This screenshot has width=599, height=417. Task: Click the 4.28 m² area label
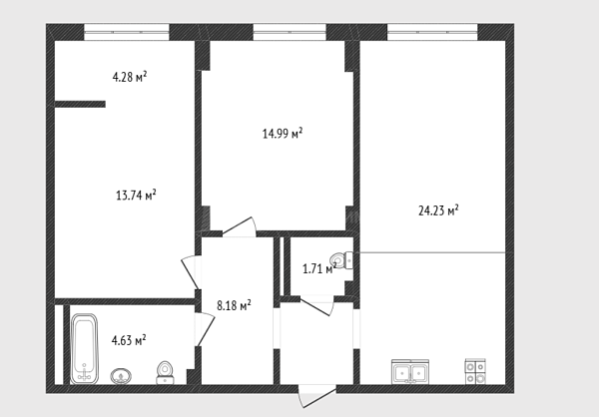(130, 77)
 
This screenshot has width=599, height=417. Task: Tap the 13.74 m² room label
(136, 195)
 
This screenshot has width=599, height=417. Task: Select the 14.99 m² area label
(283, 133)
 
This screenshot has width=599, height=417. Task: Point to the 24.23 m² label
(438, 210)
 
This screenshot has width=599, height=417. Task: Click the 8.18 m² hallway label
(234, 304)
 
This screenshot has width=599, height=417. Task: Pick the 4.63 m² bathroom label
(129, 339)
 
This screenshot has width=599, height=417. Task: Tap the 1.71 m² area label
(319, 268)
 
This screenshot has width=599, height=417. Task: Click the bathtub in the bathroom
(85, 348)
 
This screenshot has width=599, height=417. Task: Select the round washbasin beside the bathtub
(121, 376)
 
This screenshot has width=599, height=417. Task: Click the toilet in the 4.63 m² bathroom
(165, 373)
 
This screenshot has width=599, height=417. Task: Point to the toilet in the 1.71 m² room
(341, 260)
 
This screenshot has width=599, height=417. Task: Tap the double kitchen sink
(410, 371)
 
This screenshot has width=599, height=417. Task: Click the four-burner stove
(475, 371)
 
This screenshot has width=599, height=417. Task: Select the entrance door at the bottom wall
(317, 397)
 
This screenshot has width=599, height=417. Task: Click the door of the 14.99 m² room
(240, 226)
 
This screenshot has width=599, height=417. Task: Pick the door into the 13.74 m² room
(191, 272)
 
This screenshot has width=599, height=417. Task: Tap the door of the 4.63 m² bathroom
(205, 329)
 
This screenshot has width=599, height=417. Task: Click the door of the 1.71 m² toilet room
(316, 305)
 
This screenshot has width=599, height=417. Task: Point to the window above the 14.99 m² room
(290, 32)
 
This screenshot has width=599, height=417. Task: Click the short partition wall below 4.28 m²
(80, 104)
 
